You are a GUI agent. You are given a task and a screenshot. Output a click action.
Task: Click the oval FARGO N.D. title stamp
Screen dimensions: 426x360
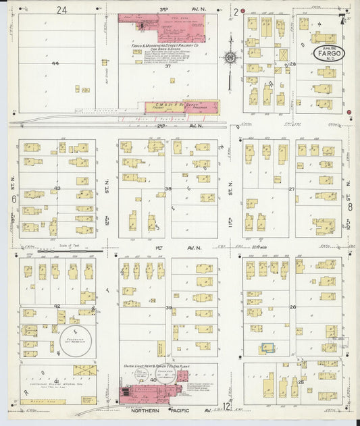point(329,54)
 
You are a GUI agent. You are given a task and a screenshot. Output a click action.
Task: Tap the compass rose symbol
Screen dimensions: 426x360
point(231,59)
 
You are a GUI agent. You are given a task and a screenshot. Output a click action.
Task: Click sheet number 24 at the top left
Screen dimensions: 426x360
point(63,10)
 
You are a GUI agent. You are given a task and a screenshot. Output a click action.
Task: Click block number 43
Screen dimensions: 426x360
point(57,188)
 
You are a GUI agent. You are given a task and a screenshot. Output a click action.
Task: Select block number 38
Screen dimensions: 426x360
point(168,188)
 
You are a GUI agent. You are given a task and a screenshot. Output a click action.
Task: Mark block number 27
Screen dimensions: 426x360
point(292,190)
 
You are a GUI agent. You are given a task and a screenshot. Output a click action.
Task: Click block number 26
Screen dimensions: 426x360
point(292,307)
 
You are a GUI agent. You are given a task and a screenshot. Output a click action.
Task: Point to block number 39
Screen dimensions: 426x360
point(168,307)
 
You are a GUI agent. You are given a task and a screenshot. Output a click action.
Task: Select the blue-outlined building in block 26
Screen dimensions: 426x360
point(267,347)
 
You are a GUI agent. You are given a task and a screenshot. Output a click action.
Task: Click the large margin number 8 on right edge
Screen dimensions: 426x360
point(350,207)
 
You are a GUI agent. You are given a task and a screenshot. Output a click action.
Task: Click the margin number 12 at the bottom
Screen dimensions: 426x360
point(226,406)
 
